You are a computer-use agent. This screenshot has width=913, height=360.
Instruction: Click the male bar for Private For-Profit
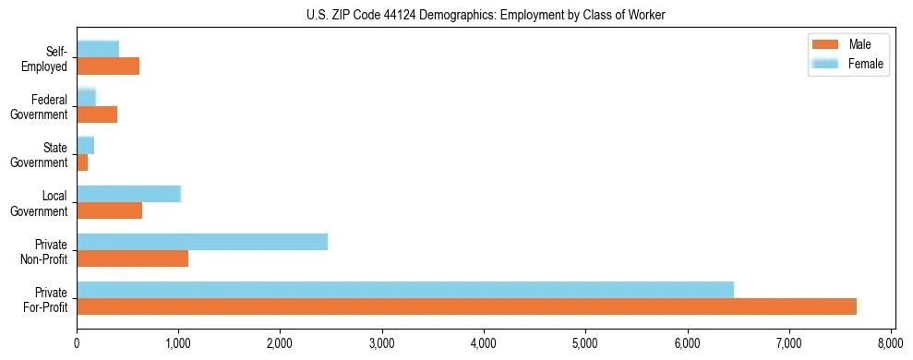pyautogui.click(x=466, y=306)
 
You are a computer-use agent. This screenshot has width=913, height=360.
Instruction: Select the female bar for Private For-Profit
pyautogui.click(x=405, y=290)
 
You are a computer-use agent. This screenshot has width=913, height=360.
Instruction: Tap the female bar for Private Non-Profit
pyautogui.click(x=202, y=242)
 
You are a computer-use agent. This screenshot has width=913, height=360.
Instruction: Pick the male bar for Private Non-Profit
pyautogui.click(x=132, y=258)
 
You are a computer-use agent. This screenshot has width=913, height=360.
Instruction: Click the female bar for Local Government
pyautogui.click(x=128, y=194)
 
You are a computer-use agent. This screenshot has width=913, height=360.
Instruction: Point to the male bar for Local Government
pyautogui.click(x=109, y=210)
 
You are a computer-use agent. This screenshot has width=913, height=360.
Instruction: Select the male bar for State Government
pyautogui.click(x=82, y=162)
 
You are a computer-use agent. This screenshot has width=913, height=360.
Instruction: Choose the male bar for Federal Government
pyautogui.click(x=97, y=114)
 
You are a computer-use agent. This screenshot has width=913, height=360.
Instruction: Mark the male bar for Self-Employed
pyautogui.click(x=108, y=66)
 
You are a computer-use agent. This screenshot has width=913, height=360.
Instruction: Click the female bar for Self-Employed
pyautogui.click(x=98, y=49)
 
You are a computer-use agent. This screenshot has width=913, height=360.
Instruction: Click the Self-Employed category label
pyautogui.click(x=50, y=59)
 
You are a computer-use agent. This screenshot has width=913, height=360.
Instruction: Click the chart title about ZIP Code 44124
pyautogui.click(x=486, y=15)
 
